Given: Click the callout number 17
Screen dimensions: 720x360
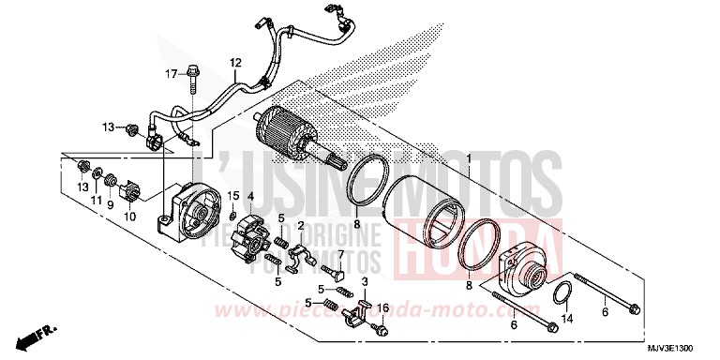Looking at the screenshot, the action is (172, 73).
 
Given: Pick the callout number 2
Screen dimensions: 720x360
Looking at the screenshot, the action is (301, 226).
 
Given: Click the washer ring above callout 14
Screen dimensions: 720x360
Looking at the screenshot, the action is (562, 295).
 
